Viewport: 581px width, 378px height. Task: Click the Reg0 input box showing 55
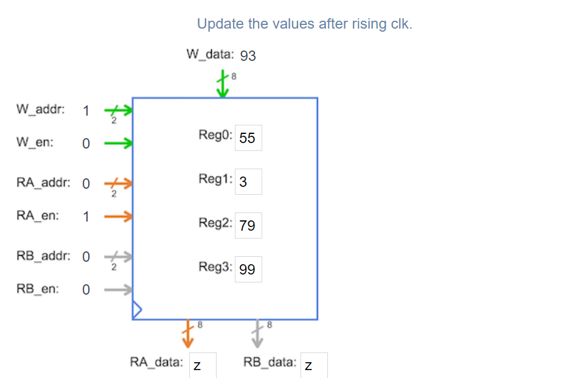(x=248, y=138)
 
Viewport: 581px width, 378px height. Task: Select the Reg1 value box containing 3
(x=248, y=181)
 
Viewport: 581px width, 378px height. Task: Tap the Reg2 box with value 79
(x=248, y=226)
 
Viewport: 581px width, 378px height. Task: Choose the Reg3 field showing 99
(x=248, y=269)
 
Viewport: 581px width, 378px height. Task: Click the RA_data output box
(x=202, y=365)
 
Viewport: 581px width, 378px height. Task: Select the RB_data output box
(x=314, y=365)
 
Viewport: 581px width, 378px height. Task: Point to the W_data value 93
(x=248, y=56)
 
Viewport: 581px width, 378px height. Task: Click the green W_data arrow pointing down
(x=223, y=85)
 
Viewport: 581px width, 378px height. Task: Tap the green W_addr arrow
(x=118, y=111)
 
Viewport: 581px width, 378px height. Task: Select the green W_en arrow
(x=118, y=144)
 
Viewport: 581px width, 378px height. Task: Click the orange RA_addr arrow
(x=118, y=183)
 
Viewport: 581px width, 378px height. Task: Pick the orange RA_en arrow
(x=118, y=216)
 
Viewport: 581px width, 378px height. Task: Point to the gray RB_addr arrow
(x=118, y=257)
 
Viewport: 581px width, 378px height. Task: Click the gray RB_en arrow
(x=118, y=290)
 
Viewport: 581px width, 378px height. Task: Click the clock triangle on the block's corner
(x=136, y=310)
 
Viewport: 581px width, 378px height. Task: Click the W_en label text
(x=35, y=143)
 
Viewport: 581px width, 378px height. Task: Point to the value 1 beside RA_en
(x=86, y=216)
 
